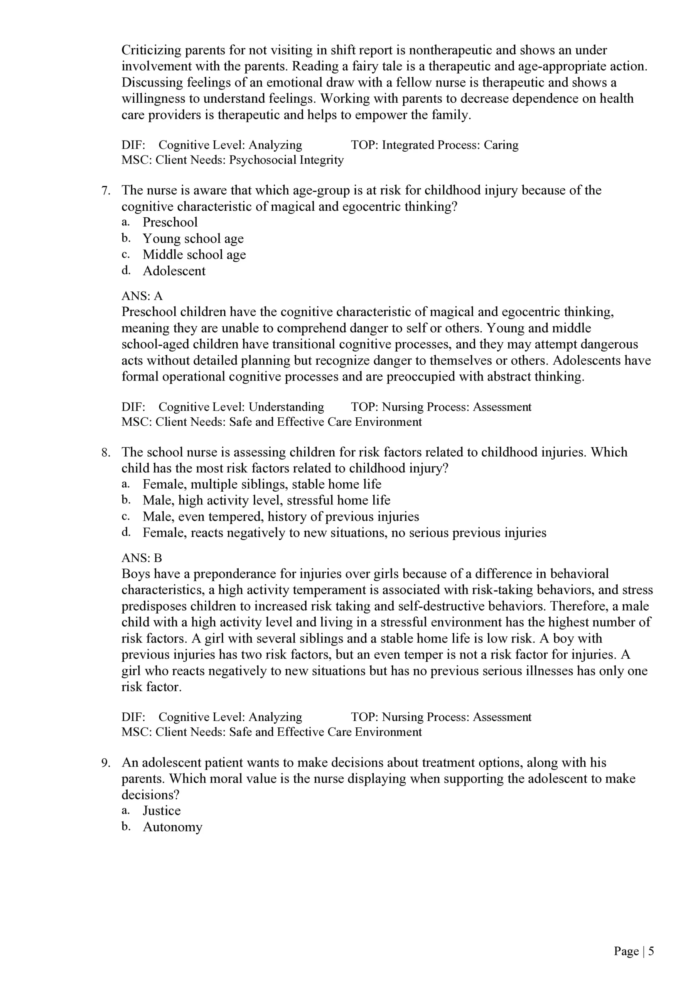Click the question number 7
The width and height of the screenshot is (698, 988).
click(x=106, y=191)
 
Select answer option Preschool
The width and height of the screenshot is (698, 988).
click(x=170, y=222)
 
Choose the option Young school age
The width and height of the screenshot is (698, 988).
click(x=193, y=239)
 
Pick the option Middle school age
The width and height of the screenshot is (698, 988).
click(x=194, y=255)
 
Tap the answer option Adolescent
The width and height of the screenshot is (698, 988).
click(x=174, y=271)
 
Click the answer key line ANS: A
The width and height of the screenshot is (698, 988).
click(x=142, y=296)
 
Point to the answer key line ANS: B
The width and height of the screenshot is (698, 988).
click(x=142, y=558)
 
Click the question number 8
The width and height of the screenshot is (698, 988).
click(x=106, y=452)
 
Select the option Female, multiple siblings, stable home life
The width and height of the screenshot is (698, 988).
click(x=261, y=484)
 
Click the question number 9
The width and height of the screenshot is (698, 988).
click(x=106, y=763)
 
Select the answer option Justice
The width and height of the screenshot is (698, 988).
click(x=161, y=811)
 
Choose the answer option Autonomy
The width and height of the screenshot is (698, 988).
click(x=172, y=827)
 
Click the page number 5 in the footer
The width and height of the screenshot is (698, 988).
click(x=651, y=951)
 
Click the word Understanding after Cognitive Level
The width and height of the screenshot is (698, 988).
click(x=286, y=407)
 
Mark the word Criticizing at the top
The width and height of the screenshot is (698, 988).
click(x=152, y=50)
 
